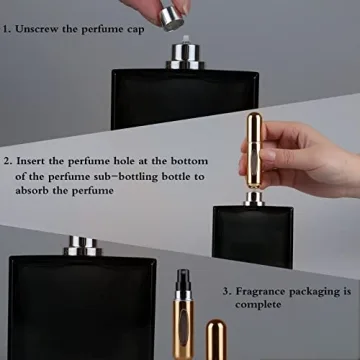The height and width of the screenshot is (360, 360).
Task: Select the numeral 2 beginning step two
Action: coord(8,160)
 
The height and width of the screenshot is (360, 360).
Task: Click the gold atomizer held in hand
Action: coord(255,150)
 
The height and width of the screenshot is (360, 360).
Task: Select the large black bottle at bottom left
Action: coord(80,310)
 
